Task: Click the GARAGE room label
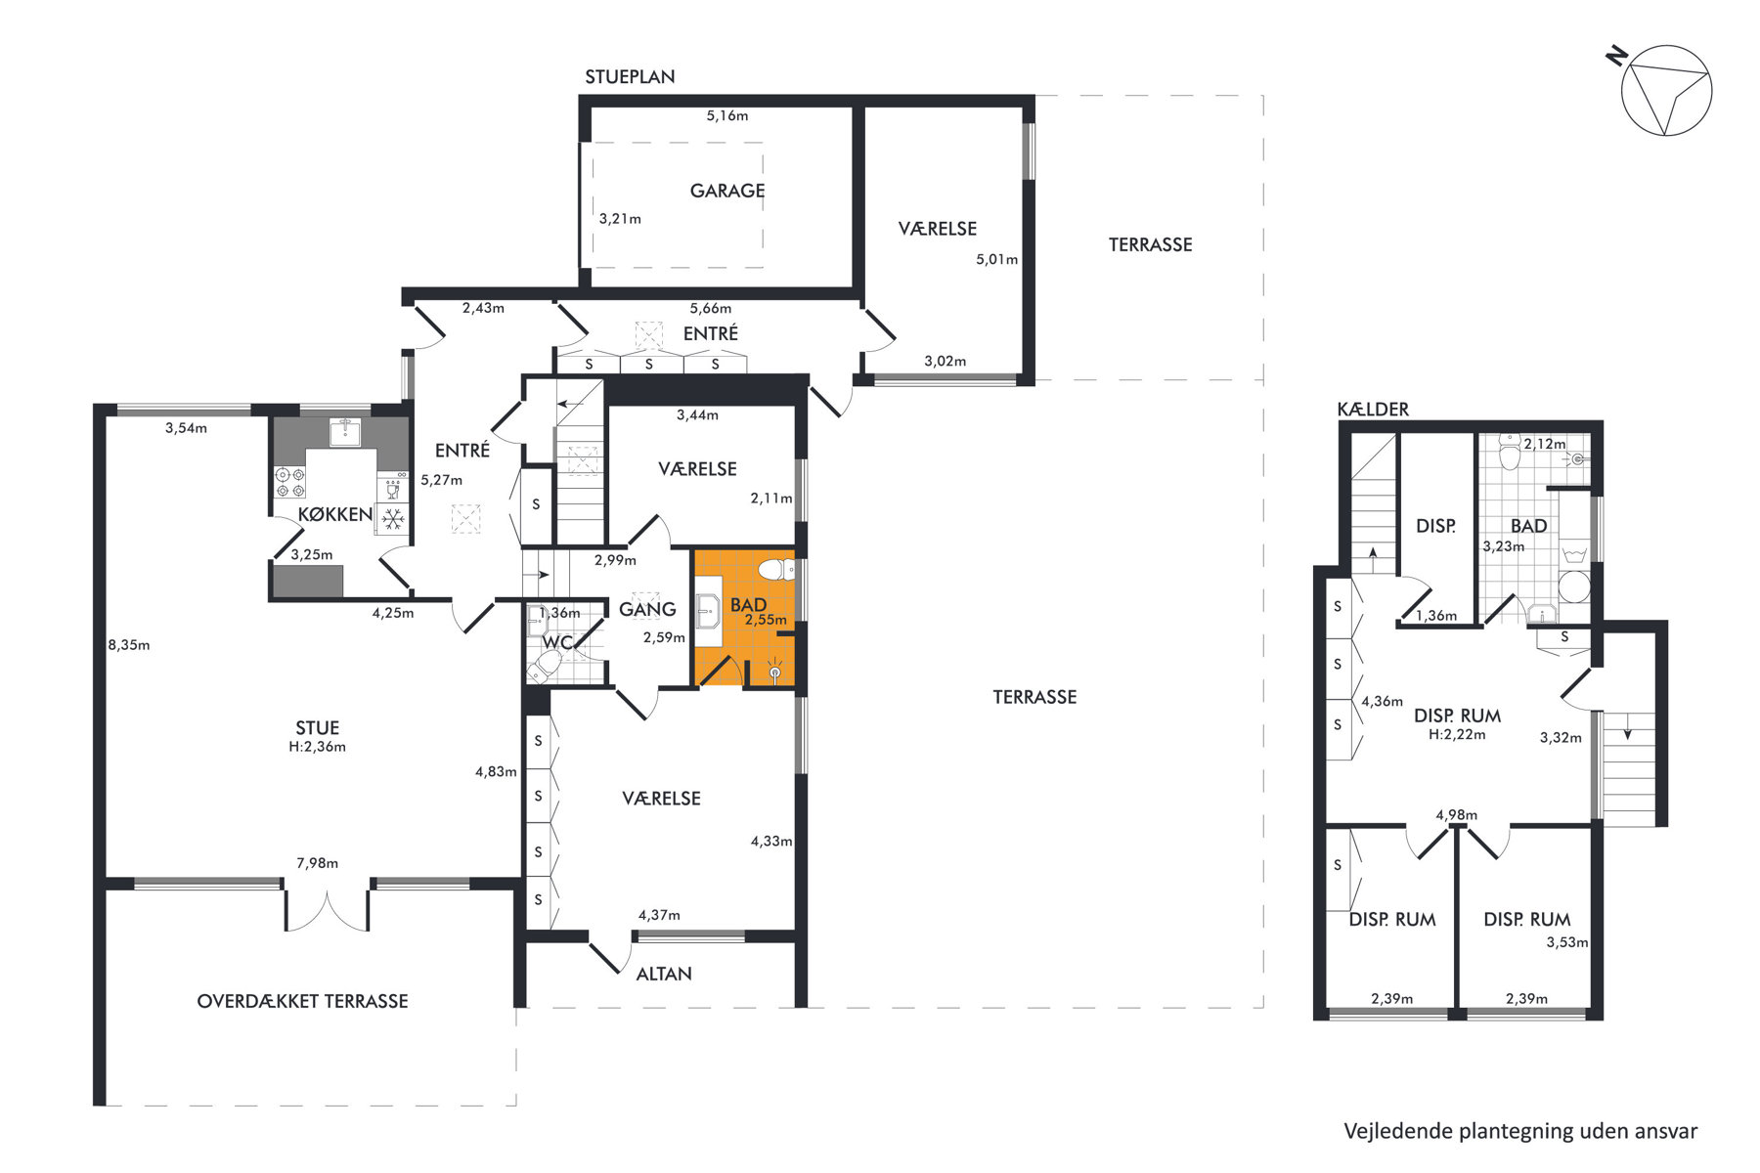click(x=727, y=191)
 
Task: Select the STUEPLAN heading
click(x=630, y=76)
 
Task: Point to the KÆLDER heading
click(x=1373, y=409)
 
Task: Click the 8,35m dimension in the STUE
click(x=129, y=645)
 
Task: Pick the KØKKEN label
click(x=335, y=514)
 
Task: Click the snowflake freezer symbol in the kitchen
click(x=393, y=519)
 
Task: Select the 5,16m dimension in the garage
click(x=727, y=115)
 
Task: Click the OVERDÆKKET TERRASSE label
click(x=302, y=1001)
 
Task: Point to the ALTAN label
click(x=664, y=974)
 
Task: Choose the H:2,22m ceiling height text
click(x=1457, y=734)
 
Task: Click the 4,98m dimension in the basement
click(x=1457, y=815)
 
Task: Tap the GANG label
click(x=647, y=609)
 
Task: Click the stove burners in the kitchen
click(x=289, y=482)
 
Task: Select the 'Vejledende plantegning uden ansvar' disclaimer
click(x=1520, y=1131)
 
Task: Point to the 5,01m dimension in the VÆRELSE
click(x=996, y=260)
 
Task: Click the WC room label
click(x=557, y=642)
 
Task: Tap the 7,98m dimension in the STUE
click(x=318, y=863)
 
